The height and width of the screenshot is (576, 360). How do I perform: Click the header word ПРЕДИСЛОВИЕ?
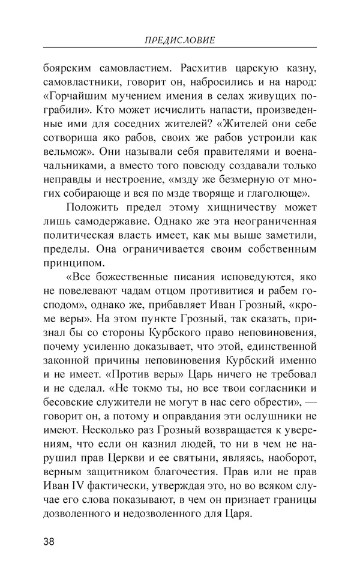pyautogui.click(x=180, y=41)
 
